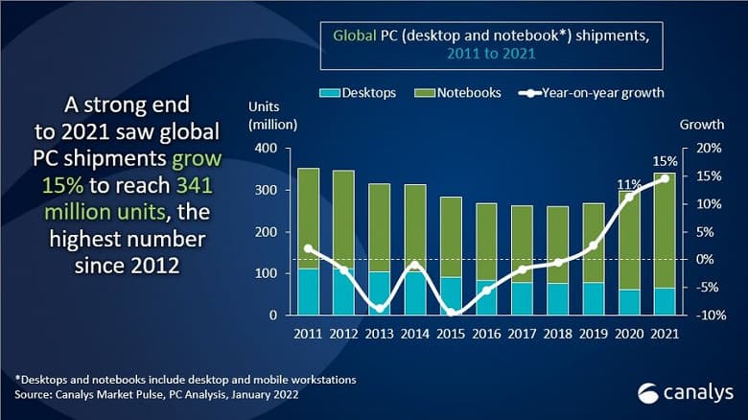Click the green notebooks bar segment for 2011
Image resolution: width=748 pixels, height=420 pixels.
click(x=309, y=218)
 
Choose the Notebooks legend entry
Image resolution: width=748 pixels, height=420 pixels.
click(x=450, y=93)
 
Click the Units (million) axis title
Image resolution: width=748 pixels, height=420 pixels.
click(x=272, y=115)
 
